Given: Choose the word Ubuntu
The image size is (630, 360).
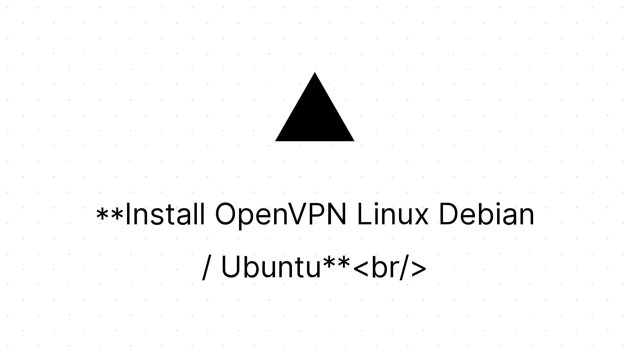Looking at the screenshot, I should tap(271, 267).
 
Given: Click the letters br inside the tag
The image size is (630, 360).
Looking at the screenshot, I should tap(385, 267).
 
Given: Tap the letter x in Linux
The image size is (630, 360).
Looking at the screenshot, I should tap(420, 217).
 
